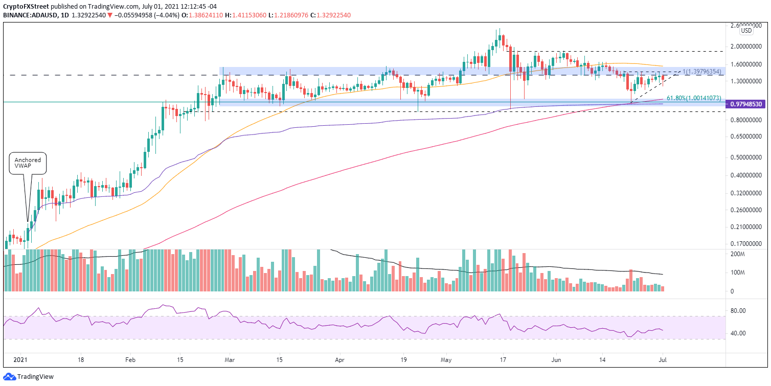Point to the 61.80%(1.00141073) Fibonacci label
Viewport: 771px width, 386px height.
click(x=694, y=98)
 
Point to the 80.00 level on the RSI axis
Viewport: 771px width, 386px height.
click(x=737, y=310)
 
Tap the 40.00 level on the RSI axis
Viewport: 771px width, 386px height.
click(x=737, y=333)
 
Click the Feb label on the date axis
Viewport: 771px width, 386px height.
click(x=130, y=359)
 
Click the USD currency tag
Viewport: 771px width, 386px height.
click(x=746, y=31)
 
